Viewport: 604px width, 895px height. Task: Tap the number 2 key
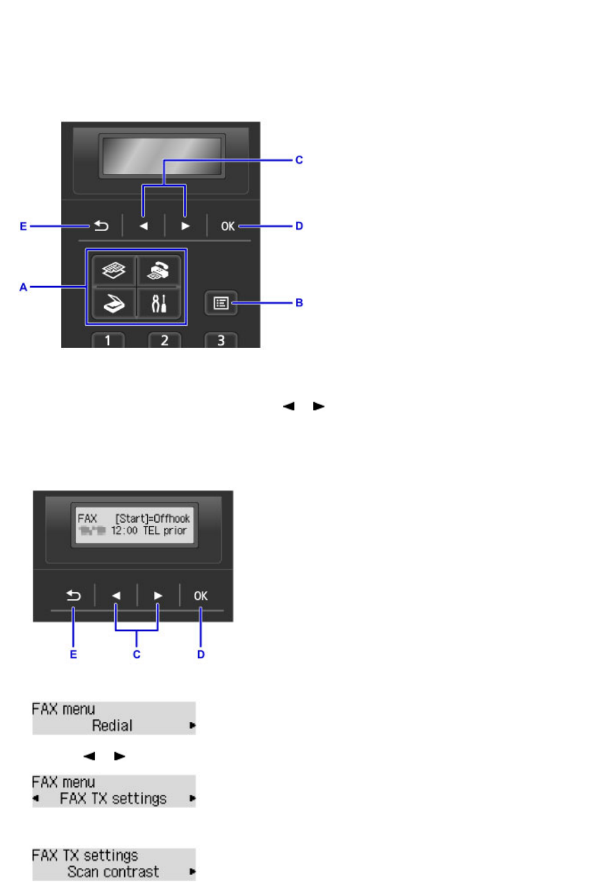[x=164, y=340]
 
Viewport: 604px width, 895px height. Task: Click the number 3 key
[x=221, y=340]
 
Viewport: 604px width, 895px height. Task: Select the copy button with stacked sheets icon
[x=114, y=271]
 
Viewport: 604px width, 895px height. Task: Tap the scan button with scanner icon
[x=114, y=303]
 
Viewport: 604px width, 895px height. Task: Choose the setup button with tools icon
[x=159, y=303]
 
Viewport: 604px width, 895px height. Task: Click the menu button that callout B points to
[x=221, y=303]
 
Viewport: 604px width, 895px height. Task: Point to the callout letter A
[x=23, y=287]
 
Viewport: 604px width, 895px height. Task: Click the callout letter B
[x=299, y=303]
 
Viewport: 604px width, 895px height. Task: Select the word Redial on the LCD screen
[x=112, y=725]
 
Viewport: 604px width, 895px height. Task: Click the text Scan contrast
[x=113, y=872]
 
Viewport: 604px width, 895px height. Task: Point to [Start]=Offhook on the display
[x=153, y=518]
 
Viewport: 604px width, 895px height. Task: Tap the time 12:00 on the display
[x=124, y=531]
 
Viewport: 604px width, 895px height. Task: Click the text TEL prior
[x=164, y=531]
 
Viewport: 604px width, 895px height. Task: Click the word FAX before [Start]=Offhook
[x=87, y=518]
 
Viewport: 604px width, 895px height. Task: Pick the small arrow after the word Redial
[x=192, y=725]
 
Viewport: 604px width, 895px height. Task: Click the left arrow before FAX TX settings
[x=36, y=799]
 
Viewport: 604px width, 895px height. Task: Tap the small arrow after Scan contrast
[x=192, y=872]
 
